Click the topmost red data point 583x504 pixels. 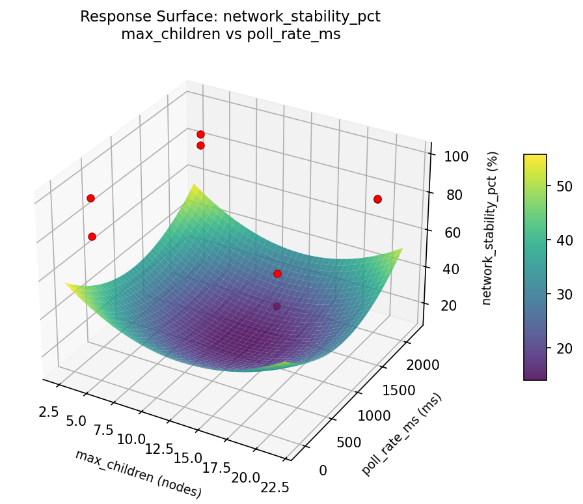[x=200, y=134]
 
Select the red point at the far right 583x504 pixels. [x=377, y=199]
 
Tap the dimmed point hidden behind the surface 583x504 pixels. [x=277, y=306]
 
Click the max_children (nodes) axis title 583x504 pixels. [x=139, y=473]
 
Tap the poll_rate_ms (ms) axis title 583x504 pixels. [x=401, y=434]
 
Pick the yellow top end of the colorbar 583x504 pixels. [x=535, y=157]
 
